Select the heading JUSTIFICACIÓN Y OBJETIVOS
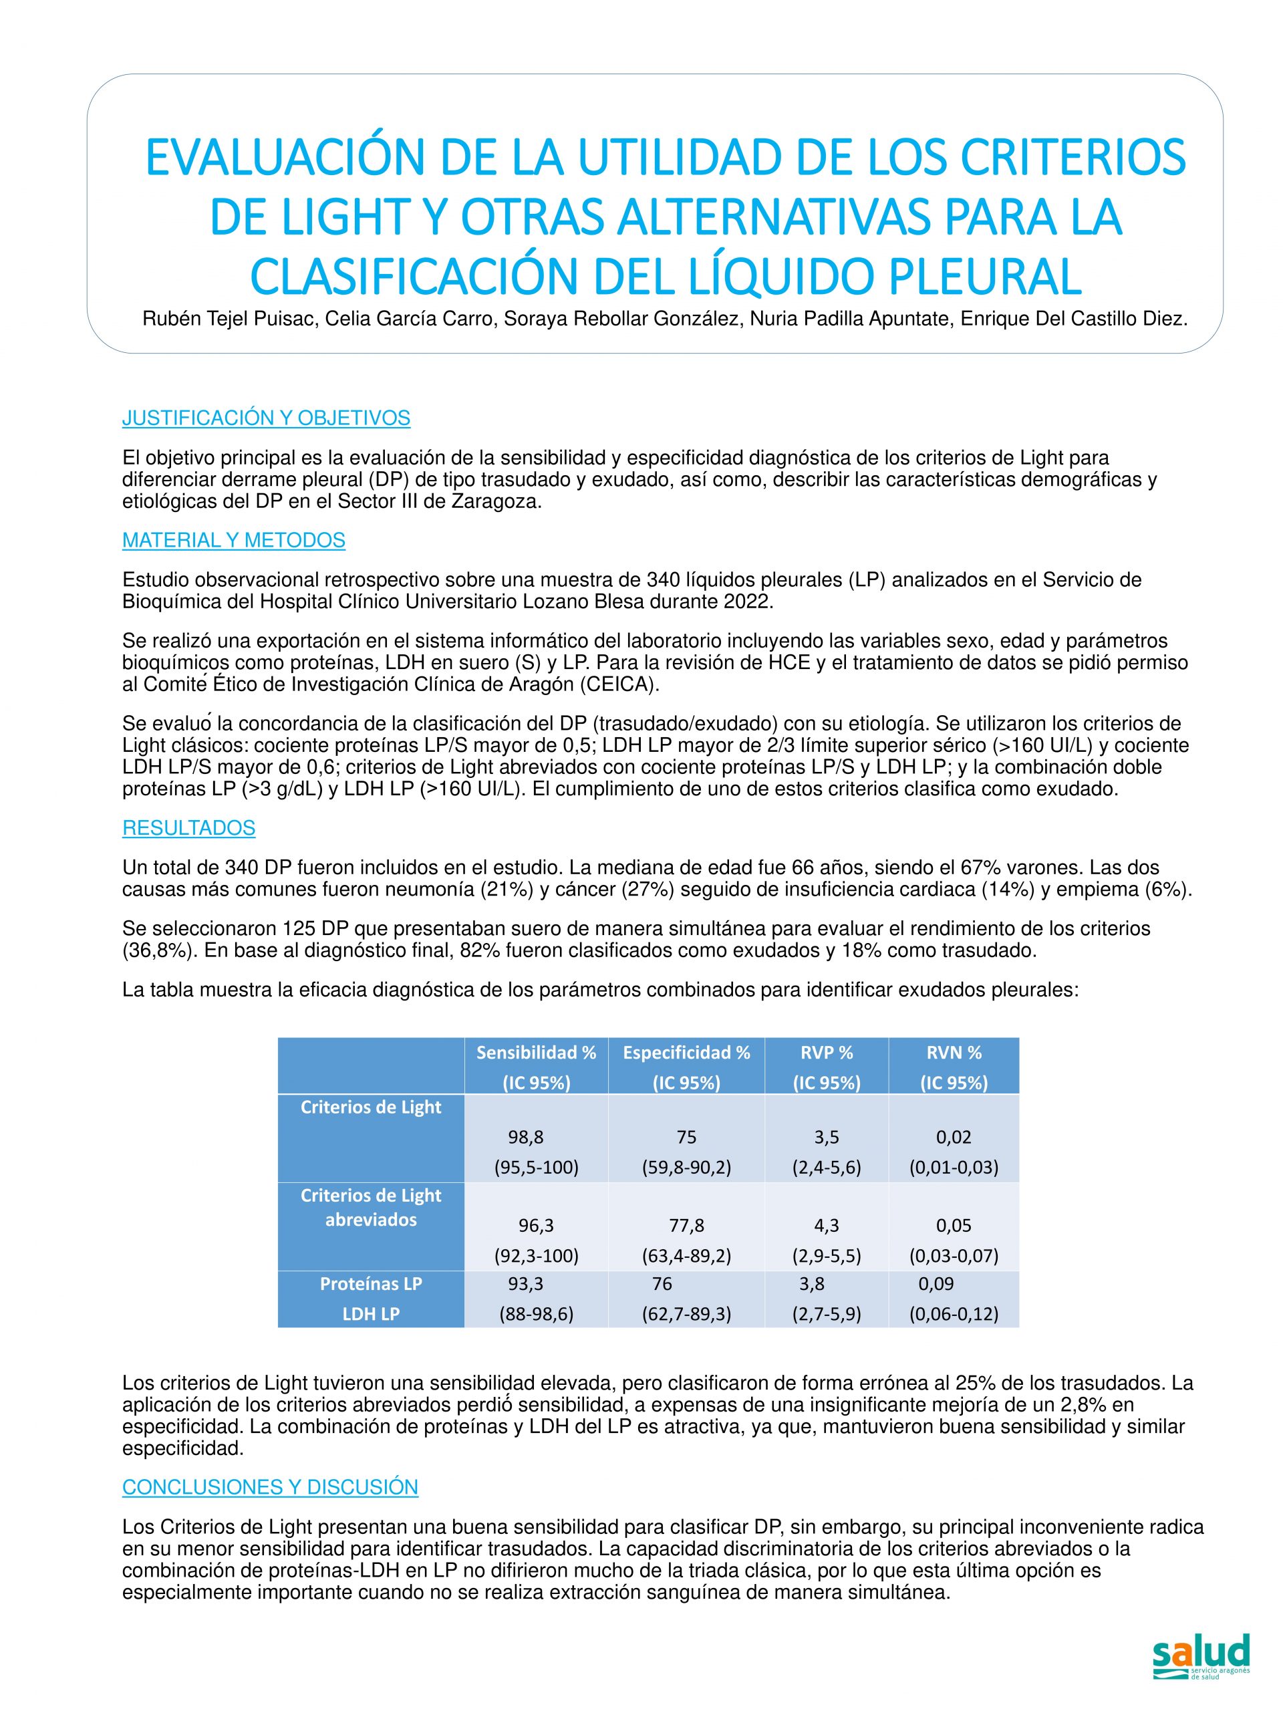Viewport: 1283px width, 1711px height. pyautogui.click(x=265, y=418)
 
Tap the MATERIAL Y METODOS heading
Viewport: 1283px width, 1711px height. pyautogui.click(x=234, y=541)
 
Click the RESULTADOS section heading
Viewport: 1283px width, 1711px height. pyautogui.click(x=188, y=827)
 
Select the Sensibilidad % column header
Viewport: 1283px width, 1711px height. pyautogui.click(x=536, y=1052)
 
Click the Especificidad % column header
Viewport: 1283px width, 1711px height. pyautogui.click(x=686, y=1052)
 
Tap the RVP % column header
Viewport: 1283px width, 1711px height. pyautogui.click(x=827, y=1052)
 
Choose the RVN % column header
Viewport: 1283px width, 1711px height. pyautogui.click(x=954, y=1052)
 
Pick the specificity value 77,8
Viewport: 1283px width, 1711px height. pyautogui.click(x=686, y=1225)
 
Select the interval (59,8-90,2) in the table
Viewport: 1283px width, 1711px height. pyautogui.click(x=686, y=1167)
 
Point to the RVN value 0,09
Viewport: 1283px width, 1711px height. pyautogui.click(x=936, y=1284)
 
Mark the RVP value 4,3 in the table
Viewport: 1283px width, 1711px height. pyautogui.click(x=827, y=1225)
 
